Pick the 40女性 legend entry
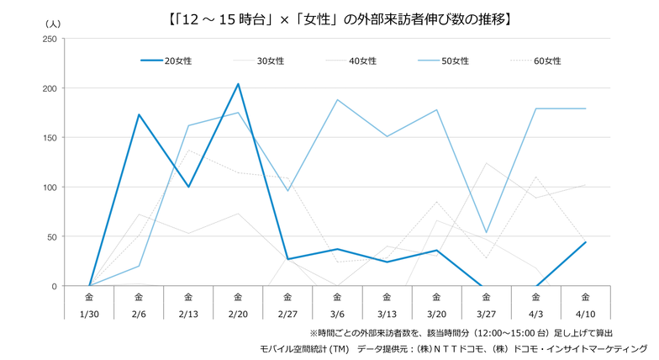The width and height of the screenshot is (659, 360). point(362,61)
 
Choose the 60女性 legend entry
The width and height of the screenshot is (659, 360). point(547,61)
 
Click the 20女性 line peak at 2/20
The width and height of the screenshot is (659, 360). point(238,84)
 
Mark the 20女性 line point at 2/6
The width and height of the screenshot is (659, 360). point(139,114)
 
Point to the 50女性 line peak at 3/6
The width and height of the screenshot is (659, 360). point(337,100)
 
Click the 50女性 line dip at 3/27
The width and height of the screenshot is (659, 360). point(486,232)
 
